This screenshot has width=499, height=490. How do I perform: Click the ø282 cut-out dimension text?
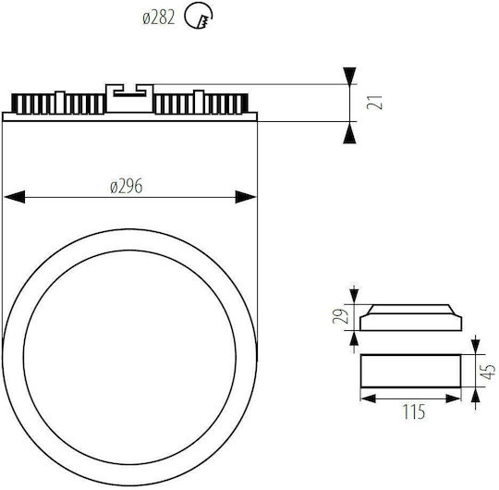point(159,18)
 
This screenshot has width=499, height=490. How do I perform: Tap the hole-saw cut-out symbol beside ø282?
point(199,16)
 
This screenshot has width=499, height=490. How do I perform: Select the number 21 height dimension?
point(374,103)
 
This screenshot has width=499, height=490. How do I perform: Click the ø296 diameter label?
point(127,186)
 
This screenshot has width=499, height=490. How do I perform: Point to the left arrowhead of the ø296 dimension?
point(14,197)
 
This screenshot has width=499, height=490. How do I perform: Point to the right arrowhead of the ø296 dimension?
point(246,197)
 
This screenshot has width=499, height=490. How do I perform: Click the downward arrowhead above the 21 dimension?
point(349,76)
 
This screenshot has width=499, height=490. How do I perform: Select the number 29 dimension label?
point(338,316)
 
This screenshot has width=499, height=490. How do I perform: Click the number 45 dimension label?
point(488,372)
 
